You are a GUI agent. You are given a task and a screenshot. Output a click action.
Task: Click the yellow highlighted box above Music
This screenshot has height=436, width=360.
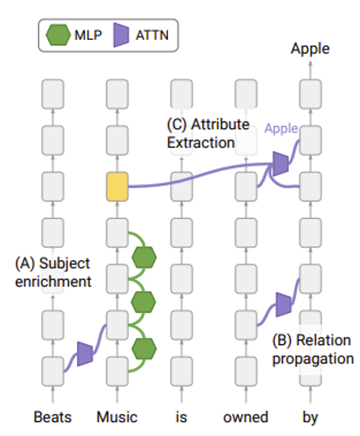click(117, 187)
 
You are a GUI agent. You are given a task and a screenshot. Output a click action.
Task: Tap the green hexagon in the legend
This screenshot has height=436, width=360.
click(58, 35)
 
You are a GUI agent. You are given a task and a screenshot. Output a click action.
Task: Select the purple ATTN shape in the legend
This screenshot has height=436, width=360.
click(121, 35)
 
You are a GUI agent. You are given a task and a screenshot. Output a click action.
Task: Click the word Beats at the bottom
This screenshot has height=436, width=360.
click(53, 417)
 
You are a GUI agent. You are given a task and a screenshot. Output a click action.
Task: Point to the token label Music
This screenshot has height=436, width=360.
click(117, 417)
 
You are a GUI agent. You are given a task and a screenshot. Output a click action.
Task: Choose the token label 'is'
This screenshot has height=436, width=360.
click(181, 417)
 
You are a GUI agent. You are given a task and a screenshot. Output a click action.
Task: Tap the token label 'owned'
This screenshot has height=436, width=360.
click(246, 417)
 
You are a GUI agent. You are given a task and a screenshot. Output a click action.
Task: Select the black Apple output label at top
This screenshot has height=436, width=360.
click(310, 49)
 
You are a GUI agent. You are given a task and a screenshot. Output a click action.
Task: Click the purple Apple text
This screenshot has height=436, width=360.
click(281, 129)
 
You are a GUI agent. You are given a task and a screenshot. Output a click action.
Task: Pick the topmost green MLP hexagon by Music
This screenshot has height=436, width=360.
click(144, 257)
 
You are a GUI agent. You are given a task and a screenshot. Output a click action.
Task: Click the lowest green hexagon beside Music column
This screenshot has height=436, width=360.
click(144, 349)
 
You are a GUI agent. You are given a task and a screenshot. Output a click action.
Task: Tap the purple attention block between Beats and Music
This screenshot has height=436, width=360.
click(85, 354)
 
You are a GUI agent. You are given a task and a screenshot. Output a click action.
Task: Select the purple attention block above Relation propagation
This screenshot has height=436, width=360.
click(284, 304)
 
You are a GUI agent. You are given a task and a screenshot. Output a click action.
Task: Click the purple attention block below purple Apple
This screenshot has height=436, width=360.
click(281, 164)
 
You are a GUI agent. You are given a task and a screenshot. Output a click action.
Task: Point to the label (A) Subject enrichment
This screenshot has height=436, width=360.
click(53, 272)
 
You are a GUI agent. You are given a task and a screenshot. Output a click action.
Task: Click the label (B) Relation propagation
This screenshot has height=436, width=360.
click(313, 349)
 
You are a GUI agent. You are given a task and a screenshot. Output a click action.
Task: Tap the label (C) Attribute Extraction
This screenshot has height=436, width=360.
click(208, 133)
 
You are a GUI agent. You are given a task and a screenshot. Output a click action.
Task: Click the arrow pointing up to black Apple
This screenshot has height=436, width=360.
click(310, 70)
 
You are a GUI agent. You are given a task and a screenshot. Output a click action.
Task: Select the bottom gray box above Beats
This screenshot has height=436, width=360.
click(53, 372)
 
